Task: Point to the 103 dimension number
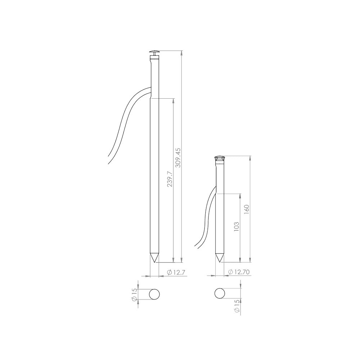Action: coord(237,226)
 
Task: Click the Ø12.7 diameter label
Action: coord(176,273)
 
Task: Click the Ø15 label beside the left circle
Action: coord(135,295)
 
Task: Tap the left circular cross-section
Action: coord(154,294)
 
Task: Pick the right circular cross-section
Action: coord(220,293)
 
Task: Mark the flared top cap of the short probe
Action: coord(220,159)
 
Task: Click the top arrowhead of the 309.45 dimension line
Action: coord(182,53)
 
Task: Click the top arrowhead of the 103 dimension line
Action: coord(240,195)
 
